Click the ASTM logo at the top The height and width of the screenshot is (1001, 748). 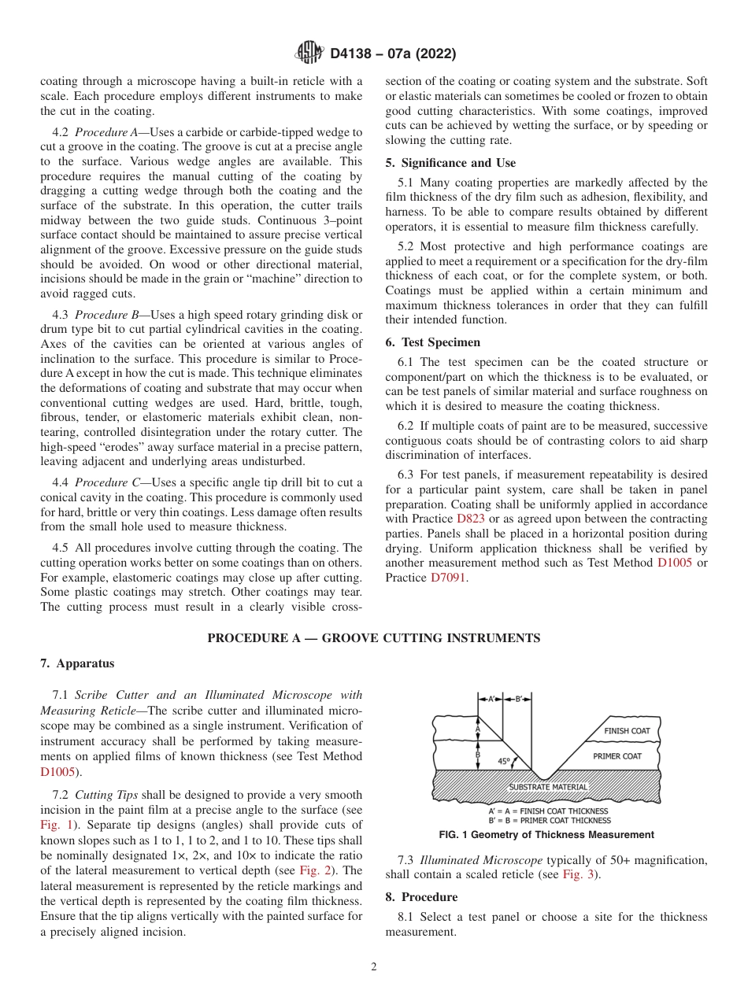[x=309, y=54]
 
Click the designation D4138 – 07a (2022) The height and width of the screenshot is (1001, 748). [x=393, y=54]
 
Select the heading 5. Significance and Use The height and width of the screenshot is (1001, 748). [x=450, y=163]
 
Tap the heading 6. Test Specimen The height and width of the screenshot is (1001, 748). [x=432, y=342]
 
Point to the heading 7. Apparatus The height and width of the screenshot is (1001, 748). [x=77, y=663]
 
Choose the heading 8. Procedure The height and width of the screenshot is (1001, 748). [x=421, y=897]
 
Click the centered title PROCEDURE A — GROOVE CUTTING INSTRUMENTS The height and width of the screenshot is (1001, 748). [x=373, y=638]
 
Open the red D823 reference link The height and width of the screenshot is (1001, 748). [x=465, y=519]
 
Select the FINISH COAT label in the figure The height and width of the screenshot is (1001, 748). [x=627, y=731]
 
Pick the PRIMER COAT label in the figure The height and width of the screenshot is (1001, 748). [x=618, y=756]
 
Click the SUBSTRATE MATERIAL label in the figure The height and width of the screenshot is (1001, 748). [x=548, y=787]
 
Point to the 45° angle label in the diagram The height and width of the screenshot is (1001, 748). [x=504, y=762]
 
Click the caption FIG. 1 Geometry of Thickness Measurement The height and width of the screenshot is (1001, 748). [x=546, y=835]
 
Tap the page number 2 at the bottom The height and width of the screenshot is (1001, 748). [x=373, y=967]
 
